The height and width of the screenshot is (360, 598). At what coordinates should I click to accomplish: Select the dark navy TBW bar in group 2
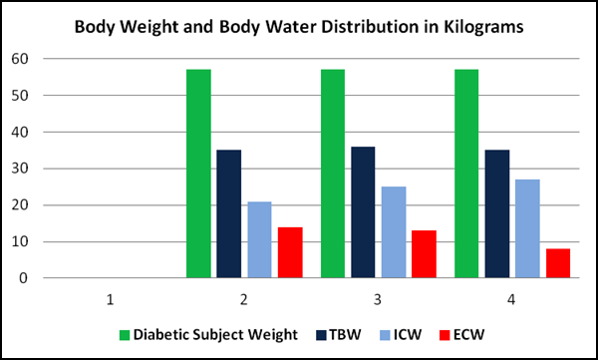(228, 213)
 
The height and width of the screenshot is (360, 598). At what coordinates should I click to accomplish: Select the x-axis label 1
(110, 298)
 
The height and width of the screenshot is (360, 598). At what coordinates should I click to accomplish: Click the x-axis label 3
(379, 298)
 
